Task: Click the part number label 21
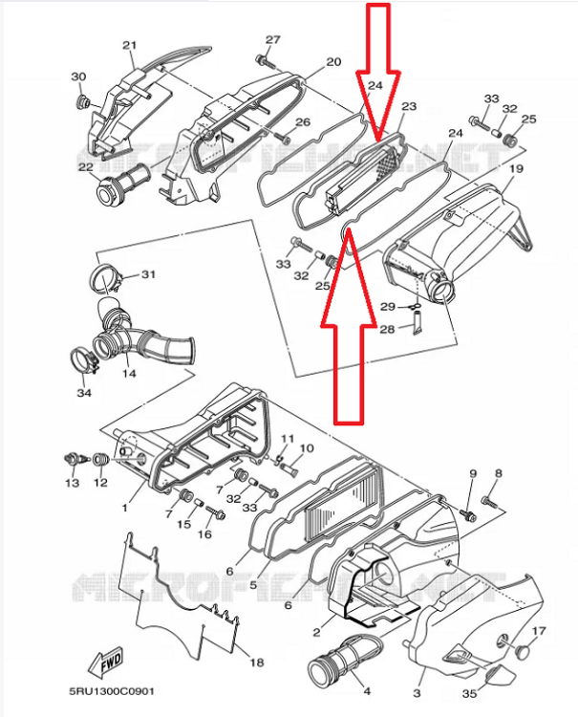click(130, 45)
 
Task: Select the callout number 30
click(78, 76)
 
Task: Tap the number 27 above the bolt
click(273, 40)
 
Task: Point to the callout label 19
click(516, 169)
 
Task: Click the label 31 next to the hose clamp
click(147, 274)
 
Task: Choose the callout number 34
click(84, 393)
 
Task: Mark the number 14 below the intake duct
click(128, 374)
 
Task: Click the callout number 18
click(255, 663)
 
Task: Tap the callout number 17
click(539, 631)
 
